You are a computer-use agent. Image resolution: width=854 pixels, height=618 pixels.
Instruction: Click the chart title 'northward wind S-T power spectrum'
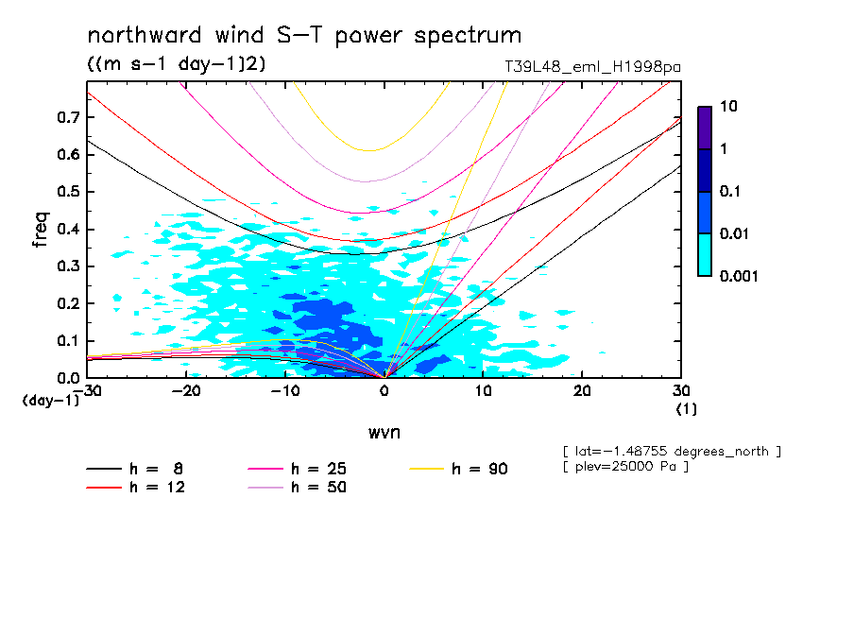pyautogui.click(x=304, y=36)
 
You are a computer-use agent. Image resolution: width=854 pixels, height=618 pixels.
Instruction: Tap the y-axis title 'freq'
pyautogui.click(x=40, y=230)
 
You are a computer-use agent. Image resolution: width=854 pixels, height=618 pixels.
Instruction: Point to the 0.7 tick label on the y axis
pyautogui.click(x=67, y=117)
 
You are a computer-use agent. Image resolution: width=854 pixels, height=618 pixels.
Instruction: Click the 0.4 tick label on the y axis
pyautogui.click(x=67, y=230)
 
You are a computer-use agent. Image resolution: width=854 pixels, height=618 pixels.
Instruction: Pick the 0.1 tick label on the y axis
pyautogui.click(x=67, y=341)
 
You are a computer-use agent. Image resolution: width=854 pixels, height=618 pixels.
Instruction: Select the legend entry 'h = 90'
pyautogui.click(x=480, y=469)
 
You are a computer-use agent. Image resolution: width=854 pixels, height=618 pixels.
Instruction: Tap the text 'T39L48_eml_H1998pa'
pyautogui.click(x=593, y=67)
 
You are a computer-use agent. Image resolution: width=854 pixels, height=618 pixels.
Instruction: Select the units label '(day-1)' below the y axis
pyautogui.click(x=50, y=401)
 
